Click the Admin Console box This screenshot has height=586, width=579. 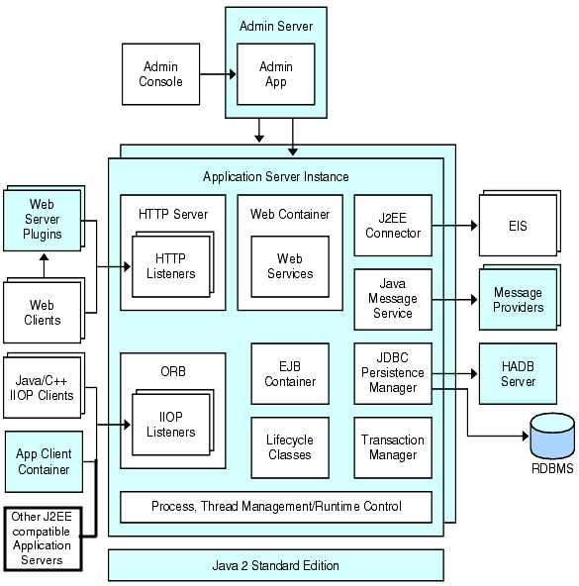point(161,74)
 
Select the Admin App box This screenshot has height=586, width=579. point(275,74)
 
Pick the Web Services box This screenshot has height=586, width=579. point(289,265)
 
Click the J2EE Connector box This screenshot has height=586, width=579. point(393,226)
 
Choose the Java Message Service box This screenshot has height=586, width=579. point(393,298)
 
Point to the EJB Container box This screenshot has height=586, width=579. point(290,373)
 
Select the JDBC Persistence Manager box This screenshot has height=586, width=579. point(393,373)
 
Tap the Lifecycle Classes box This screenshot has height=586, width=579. point(290,447)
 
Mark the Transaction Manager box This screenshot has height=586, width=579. point(393,447)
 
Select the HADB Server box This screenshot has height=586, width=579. point(518,373)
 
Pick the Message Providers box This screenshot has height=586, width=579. point(518,300)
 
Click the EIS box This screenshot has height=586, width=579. point(518,226)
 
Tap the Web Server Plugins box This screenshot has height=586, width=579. point(41,219)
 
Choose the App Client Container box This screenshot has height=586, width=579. point(44,461)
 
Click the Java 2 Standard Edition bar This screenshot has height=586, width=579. point(275,565)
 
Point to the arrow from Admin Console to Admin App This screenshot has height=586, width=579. point(218,74)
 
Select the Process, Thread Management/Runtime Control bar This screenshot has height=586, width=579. point(276,506)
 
